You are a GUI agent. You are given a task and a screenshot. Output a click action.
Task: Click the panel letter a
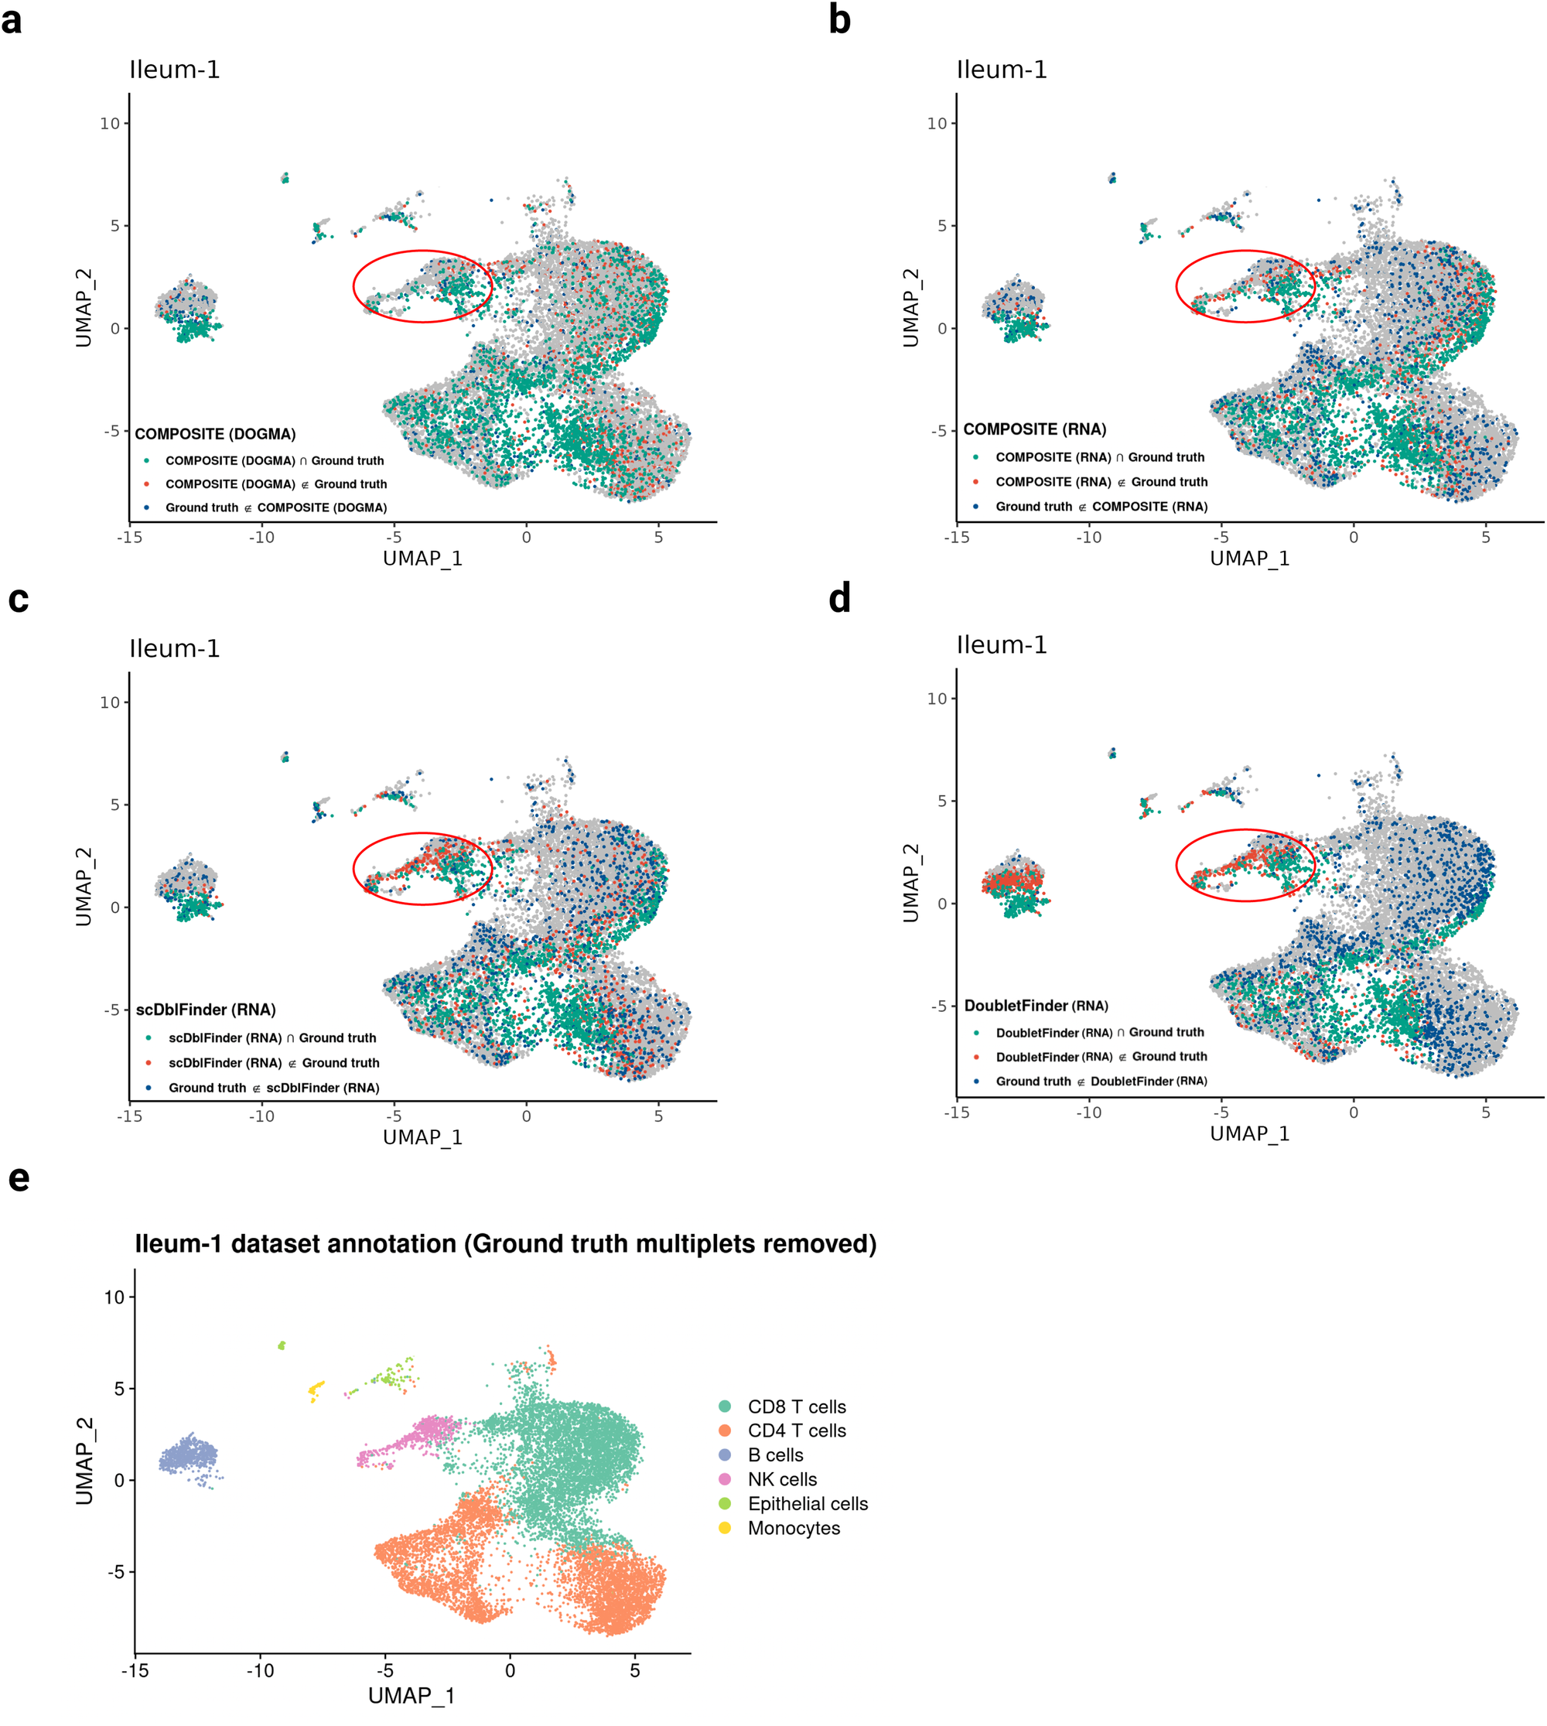pyautogui.click(x=12, y=20)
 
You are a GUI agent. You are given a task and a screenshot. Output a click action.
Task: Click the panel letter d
pyautogui.click(x=839, y=600)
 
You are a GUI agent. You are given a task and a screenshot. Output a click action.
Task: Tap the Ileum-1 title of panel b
pyautogui.click(x=1002, y=70)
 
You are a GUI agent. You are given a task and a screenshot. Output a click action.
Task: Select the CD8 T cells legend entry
pyautogui.click(x=796, y=1406)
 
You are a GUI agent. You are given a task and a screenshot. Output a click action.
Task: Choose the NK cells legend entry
pyautogui.click(x=781, y=1479)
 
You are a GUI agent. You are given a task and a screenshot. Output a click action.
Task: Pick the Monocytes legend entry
pyautogui.click(x=793, y=1528)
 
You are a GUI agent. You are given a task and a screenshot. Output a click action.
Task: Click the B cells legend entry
pyautogui.click(x=774, y=1454)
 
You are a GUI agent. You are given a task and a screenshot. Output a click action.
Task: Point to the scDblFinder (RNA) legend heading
pyautogui.click(x=206, y=1010)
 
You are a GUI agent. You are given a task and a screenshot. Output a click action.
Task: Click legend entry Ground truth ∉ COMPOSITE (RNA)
pyautogui.click(x=1101, y=506)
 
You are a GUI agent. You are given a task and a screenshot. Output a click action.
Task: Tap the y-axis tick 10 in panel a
pyautogui.click(x=110, y=123)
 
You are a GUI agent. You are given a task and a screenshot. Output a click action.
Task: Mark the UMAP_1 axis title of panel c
pyautogui.click(x=422, y=1136)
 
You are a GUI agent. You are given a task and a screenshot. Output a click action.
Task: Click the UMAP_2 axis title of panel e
pyautogui.click(x=84, y=1461)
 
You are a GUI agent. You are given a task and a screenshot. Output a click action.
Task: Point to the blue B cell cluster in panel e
pyautogui.click(x=188, y=1458)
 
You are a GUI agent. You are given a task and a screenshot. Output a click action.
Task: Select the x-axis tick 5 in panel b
pyautogui.click(x=1485, y=538)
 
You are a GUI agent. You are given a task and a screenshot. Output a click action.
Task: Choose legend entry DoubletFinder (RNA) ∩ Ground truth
pyautogui.click(x=1099, y=1032)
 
